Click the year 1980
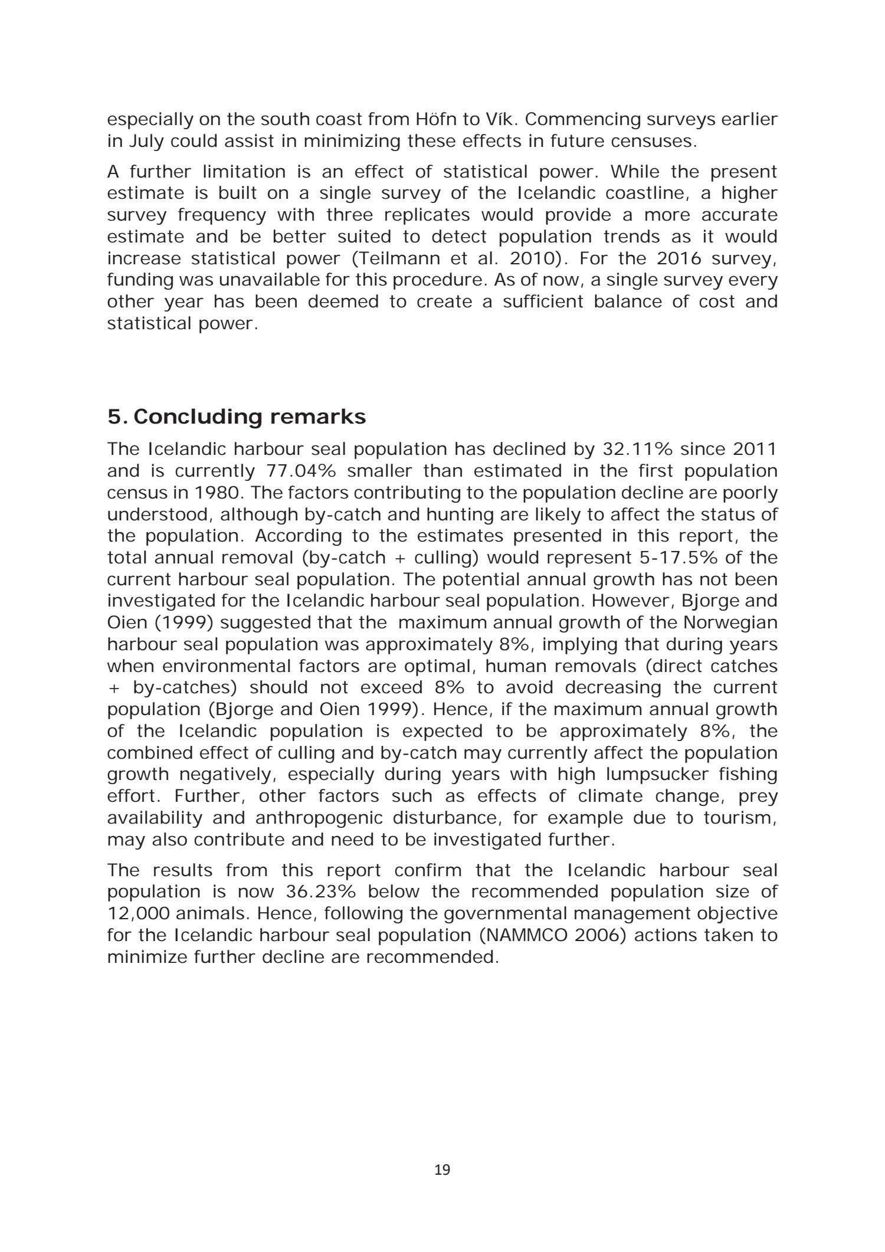(x=213, y=493)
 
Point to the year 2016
(x=680, y=258)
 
